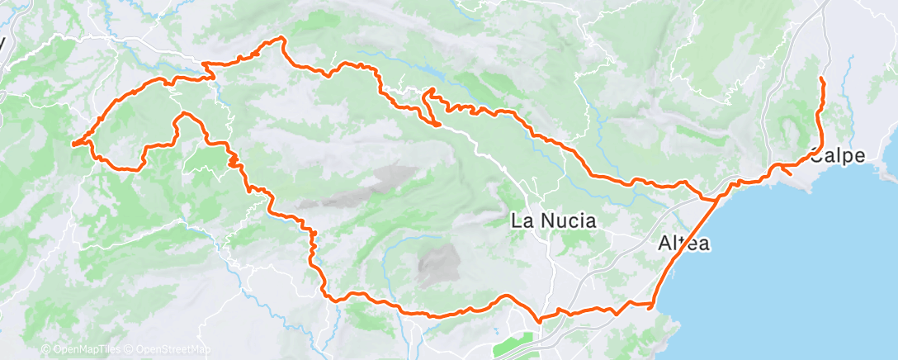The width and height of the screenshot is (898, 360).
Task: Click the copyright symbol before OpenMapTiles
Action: [x=46, y=350]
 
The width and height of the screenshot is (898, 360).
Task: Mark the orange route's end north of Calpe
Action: [x=821, y=78]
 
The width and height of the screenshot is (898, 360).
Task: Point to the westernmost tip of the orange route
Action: [x=73, y=144]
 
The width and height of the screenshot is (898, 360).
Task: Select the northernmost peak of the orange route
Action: [x=283, y=38]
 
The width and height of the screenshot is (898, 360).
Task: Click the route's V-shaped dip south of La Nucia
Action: [x=539, y=320]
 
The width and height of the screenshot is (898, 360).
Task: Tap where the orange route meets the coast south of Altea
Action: [x=654, y=305]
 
